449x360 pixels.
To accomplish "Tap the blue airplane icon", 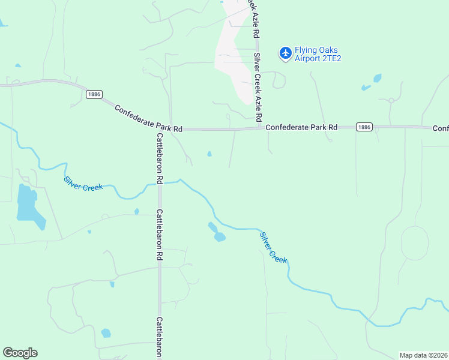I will pyautogui.click(x=285, y=54).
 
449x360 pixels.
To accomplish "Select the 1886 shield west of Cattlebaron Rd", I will pyautogui.click(x=94, y=94).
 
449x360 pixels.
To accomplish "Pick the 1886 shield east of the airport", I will pyautogui.click(x=364, y=127).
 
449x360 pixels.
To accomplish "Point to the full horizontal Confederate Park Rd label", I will pyautogui.click(x=301, y=127).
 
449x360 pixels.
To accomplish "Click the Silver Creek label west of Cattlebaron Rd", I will pyautogui.click(x=83, y=183).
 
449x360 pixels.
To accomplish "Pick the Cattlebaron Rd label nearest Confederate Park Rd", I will pyautogui.click(x=160, y=158).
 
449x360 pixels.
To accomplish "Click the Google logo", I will pyautogui.click(x=20, y=353).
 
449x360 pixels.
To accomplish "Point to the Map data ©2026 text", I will pyautogui.click(x=423, y=355).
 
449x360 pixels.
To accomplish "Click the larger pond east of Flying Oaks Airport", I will pyautogui.click(x=377, y=78).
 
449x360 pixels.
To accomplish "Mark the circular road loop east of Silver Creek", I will pyautogui.click(x=414, y=243).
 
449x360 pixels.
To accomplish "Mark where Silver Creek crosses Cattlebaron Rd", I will pyautogui.click(x=160, y=183).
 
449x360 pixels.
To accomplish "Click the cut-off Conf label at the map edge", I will pyautogui.click(x=441, y=128).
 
